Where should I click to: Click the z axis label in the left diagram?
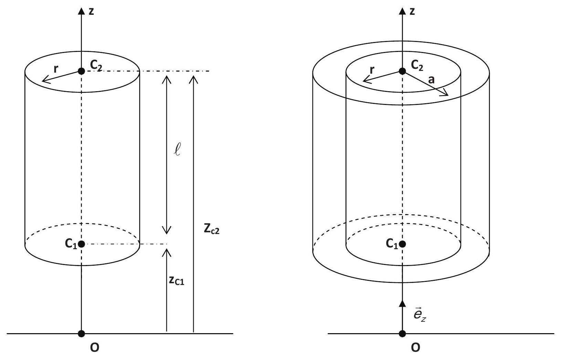[x=91, y=11]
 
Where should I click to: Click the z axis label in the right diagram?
[x=412, y=11]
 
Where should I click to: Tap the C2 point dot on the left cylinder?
[x=81, y=71]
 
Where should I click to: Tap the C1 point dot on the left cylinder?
[x=81, y=244]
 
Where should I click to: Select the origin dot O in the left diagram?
[x=81, y=333]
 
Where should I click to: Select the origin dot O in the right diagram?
[x=402, y=333]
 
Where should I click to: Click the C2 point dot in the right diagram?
[x=402, y=71]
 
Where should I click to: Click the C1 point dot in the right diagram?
[x=402, y=244]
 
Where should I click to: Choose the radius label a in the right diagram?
[x=431, y=80]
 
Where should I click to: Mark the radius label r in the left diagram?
[x=56, y=68]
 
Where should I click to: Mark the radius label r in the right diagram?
[x=372, y=70]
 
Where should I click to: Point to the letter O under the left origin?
[x=94, y=348]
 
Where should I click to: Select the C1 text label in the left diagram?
[x=71, y=243]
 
